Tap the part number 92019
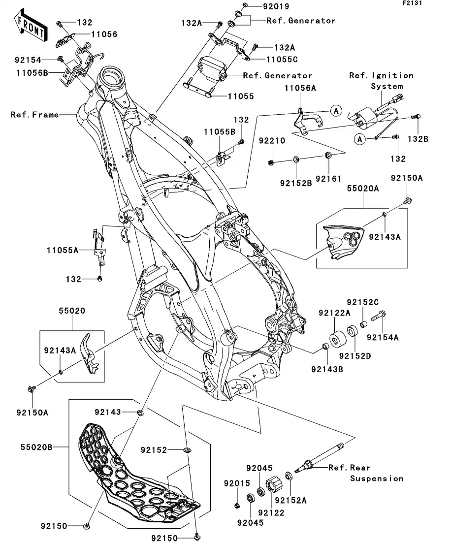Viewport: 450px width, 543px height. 276,7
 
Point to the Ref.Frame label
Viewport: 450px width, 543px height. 35,115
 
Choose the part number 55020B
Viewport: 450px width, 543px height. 36,447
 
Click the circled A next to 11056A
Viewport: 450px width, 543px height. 335,111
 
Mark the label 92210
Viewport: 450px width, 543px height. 272,141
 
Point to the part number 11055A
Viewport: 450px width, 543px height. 63,251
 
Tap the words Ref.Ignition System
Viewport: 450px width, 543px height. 382,81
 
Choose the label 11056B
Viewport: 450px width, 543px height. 31,73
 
